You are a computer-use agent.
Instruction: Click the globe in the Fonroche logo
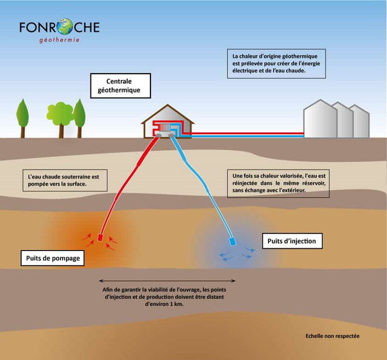click(x=64, y=26)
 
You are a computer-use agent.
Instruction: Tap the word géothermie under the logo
click(x=59, y=40)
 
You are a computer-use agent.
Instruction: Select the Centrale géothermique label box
click(x=120, y=86)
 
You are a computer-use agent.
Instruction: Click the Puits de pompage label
click(x=52, y=258)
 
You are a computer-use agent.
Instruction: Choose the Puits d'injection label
click(x=292, y=241)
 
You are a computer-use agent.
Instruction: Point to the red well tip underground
click(x=100, y=237)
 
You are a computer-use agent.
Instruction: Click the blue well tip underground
click(x=233, y=241)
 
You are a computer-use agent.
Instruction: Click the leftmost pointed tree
click(x=22, y=118)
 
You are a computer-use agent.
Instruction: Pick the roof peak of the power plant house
click(x=168, y=105)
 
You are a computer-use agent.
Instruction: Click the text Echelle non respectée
click(x=332, y=336)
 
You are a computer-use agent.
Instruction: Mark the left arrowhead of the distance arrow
click(x=100, y=281)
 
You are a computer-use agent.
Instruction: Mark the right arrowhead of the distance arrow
click(x=234, y=281)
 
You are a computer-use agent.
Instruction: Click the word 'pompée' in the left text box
click(x=38, y=184)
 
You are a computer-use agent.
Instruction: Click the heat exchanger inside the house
click(x=165, y=127)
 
